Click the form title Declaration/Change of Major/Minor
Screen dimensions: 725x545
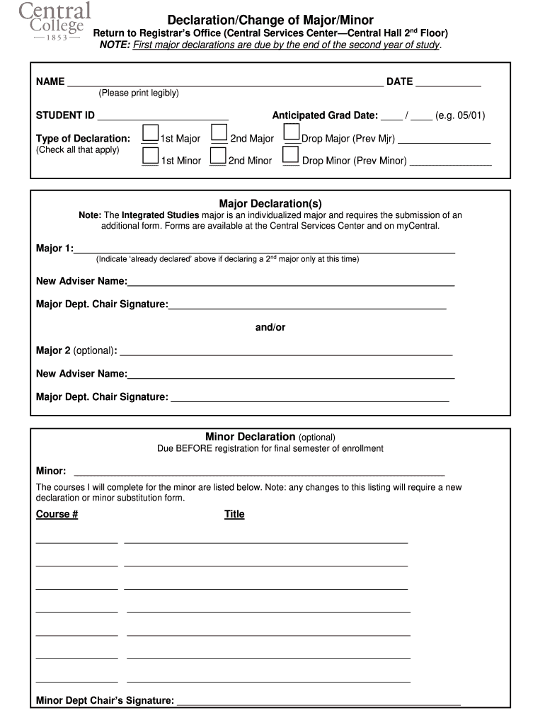pos(270,20)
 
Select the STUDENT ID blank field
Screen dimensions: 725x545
pos(163,115)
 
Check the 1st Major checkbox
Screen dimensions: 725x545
pos(150,133)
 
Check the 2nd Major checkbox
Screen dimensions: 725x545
pos(219,133)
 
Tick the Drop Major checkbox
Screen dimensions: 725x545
pos(292,132)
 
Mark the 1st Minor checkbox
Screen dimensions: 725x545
pos(150,156)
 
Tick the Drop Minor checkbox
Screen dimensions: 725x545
pos(290,156)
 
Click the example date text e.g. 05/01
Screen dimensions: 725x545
pos(460,115)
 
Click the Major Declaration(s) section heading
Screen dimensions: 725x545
pos(270,203)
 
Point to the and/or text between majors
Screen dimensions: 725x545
pos(270,327)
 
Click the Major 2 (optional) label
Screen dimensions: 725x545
pos(76,350)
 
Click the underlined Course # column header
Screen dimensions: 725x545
pos(57,514)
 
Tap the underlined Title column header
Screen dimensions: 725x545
pos(234,514)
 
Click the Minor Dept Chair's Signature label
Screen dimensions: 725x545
pos(105,701)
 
